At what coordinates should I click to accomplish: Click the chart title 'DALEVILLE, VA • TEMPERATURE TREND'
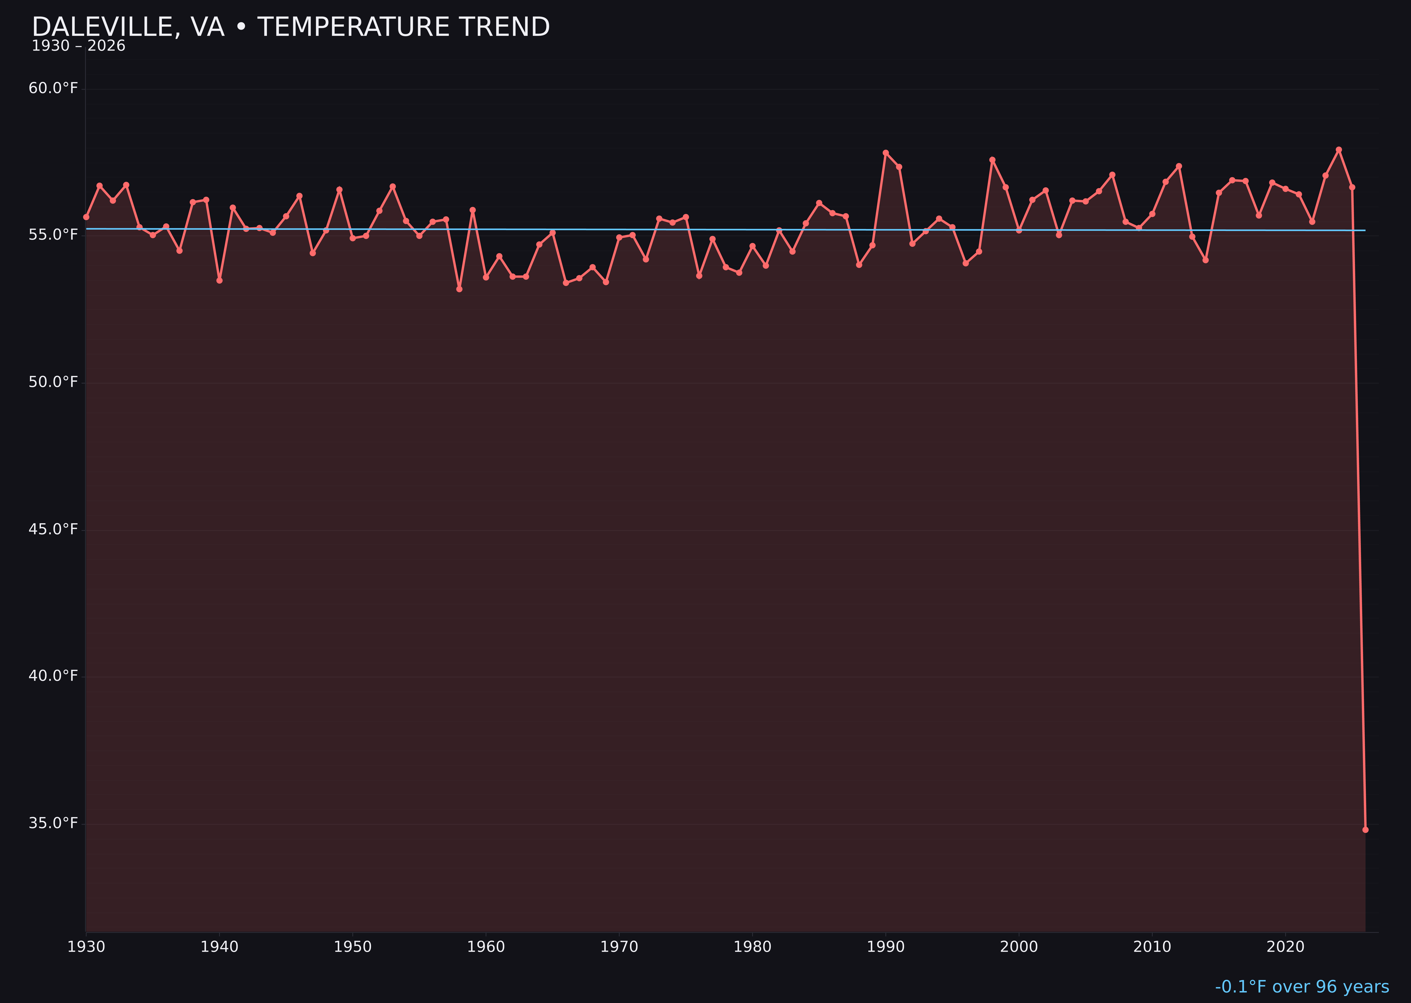point(290,27)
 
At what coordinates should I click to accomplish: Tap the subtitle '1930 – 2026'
point(78,46)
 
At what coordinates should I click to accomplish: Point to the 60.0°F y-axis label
point(53,88)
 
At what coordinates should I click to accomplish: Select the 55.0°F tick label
point(53,235)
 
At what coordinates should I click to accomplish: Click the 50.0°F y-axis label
point(53,382)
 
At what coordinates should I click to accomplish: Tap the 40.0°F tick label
point(53,676)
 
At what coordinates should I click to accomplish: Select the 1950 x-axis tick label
point(353,947)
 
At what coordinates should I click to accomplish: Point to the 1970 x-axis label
point(619,947)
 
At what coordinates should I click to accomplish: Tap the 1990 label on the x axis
point(886,947)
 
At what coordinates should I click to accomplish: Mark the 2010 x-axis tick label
point(1152,947)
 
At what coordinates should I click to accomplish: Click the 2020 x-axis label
point(1285,947)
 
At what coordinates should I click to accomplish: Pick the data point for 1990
point(886,153)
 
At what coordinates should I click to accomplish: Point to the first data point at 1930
point(86,217)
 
